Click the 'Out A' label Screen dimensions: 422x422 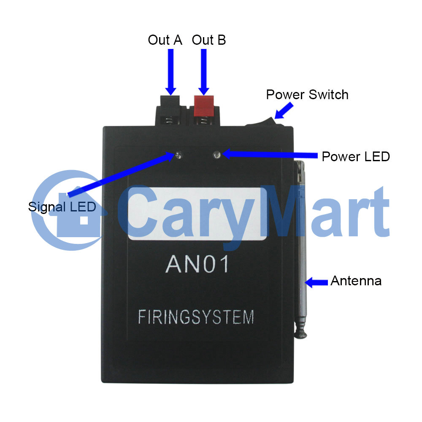pyautogui.click(x=165, y=40)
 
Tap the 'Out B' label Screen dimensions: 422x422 pyautogui.click(x=209, y=40)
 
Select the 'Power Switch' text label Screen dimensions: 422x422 pyautogui.click(x=307, y=95)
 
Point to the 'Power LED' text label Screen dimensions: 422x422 pyautogui.click(x=356, y=157)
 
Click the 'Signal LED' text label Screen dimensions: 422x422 pyautogui.click(x=62, y=207)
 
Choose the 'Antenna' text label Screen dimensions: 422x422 pyautogui.click(x=356, y=281)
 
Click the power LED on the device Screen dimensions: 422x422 pyautogui.click(x=216, y=155)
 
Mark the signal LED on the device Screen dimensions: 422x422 pyautogui.click(x=179, y=155)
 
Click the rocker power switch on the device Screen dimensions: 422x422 pyautogui.click(x=265, y=122)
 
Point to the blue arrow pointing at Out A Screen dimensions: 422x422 pyautogui.click(x=170, y=72)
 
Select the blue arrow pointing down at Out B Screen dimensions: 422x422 pyautogui.click(x=204, y=72)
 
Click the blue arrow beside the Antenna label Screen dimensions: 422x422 pyautogui.click(x=316, y=282)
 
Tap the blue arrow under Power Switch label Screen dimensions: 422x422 pyautogui.click(x=284, y=111)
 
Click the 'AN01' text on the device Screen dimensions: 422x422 pyautogui.click(x=197, y=264)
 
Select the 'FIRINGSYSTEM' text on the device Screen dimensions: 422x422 pyautogui.click(x=196, y=317)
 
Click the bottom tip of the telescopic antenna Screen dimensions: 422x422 pyautogui.click(x=300, y=336)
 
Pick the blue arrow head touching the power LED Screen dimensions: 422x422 pyautogui.click(x=227, y=154)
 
